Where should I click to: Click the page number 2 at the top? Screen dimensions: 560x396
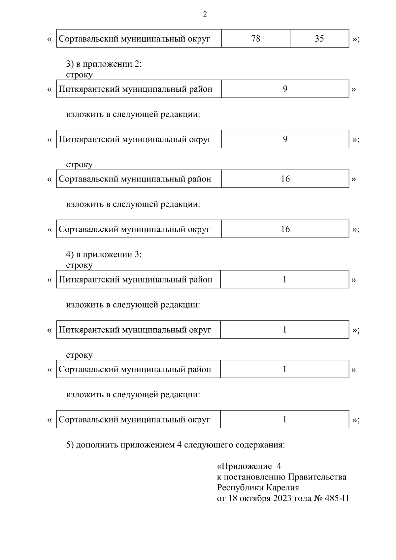coord(205,15)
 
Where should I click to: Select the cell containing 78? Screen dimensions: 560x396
coord(256,39)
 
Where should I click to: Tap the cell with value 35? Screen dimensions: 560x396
coord(319,39)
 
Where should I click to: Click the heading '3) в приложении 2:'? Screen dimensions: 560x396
coord(104,64)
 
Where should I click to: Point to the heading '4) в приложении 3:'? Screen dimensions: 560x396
coord(104,255)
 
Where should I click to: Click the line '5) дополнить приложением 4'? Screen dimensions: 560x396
coord(175,445)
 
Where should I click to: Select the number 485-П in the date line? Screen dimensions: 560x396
coord(337,498)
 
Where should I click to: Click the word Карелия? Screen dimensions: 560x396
coord(282,488)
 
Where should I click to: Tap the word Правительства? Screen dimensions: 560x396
coord(317,477)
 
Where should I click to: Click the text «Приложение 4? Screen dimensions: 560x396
coord(248,466)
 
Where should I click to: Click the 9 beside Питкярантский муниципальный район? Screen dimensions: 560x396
coord(285,89)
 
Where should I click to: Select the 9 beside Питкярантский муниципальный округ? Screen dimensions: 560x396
coord(285,139)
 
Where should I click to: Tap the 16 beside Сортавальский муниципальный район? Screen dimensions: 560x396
coord(285,179)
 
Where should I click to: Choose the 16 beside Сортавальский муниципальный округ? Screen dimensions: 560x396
coord(285,229)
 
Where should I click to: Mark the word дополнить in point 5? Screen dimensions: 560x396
coord(97,445)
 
